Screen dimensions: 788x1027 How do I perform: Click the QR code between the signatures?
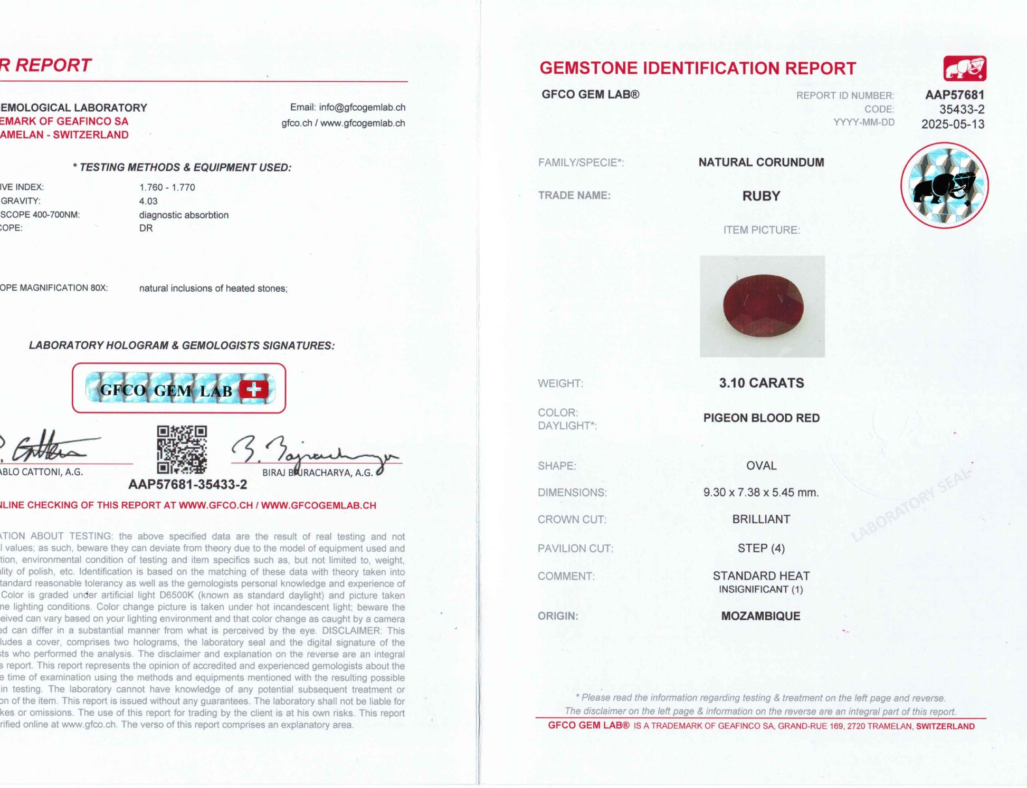(x=182, y=449)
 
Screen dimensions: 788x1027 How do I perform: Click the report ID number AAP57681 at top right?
(x=954, y=95)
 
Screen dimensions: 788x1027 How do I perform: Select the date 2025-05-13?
(x=953, y=124)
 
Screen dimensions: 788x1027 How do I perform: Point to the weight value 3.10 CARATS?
(x=761, y=383)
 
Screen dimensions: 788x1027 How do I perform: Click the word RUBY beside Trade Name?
(x=761, y=196)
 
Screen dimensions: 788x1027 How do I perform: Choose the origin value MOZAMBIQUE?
(x=760, y=616)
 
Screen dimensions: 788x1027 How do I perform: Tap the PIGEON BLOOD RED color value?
(x=761, y=418)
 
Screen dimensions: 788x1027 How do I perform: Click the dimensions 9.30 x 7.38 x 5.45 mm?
(x=760, y=493)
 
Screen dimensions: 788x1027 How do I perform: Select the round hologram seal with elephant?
(x=944, y=186)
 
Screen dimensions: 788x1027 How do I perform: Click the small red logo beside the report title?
(x=965, y=69)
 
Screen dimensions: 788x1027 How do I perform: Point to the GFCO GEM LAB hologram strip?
(x=179, y=389)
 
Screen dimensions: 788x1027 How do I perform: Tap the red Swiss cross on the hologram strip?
(x=253, y=390)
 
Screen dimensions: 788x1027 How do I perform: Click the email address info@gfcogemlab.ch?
(x=362, y=108)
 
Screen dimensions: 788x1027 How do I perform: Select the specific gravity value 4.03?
(x=148, y=201)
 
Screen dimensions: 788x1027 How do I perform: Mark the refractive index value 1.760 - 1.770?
(x=167, y=188)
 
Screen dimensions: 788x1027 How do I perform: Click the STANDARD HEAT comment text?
(x=761, y=576)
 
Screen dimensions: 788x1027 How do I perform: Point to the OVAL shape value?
(x=761, y=466)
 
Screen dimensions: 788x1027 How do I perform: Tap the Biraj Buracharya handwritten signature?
(x=311, y=453)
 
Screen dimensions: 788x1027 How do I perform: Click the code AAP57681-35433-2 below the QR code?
(x=187, y=484)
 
